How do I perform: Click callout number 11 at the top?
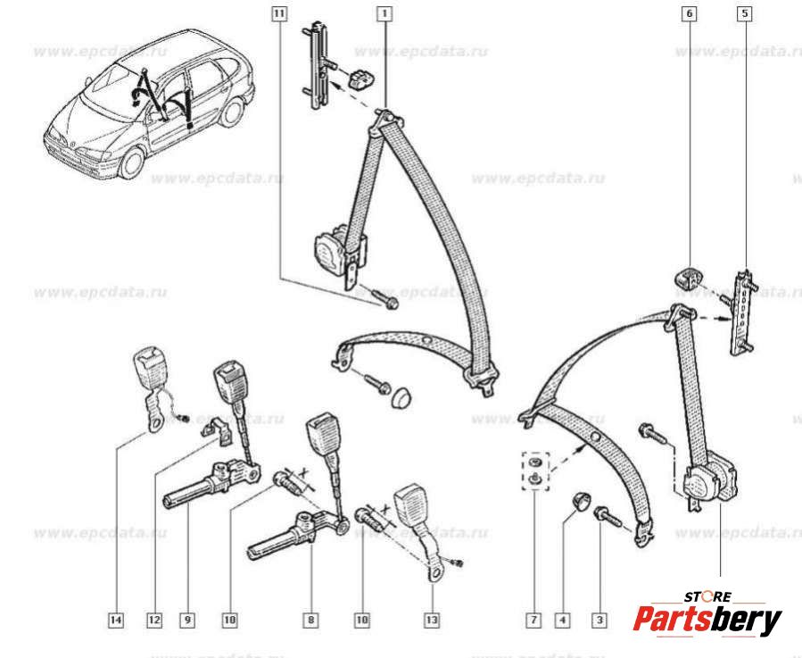click(280, 13)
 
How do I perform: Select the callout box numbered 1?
click(384, 13)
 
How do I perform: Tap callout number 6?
click(690, 13)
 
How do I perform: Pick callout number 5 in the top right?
click(745, 13)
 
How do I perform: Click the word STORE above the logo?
click(707, 596)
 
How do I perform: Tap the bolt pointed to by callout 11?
click(388, 301)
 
